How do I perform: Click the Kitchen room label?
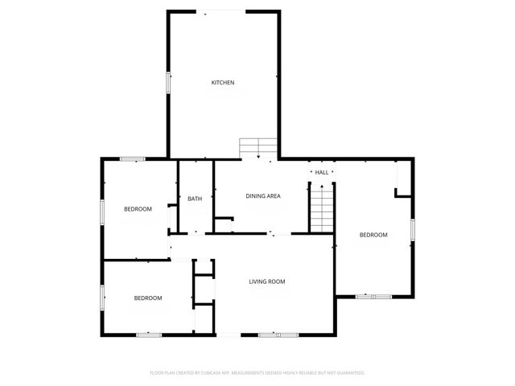pos(223,83)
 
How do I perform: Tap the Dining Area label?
pos(263,196)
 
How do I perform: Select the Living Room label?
pos(267,281)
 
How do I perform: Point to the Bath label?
pos(195,199)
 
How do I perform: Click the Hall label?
pos(322,173)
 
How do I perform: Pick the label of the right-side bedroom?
pos(373,235)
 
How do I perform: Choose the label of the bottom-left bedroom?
pos(147,298)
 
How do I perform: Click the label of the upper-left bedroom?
pos(138,209)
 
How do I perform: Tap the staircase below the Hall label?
pos(322,207)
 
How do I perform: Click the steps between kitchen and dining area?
pos(258,148)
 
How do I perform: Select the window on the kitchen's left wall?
pos(168,83)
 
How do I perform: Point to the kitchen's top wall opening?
pos(225,11)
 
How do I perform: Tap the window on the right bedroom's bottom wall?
pos(373,297)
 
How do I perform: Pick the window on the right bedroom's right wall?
pos(413,229)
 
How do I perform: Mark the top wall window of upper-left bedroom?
pos(132,159)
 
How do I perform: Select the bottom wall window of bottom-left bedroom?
pos(148,335)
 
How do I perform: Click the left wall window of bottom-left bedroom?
pos(102,298)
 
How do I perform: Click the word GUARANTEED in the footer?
pos(348,373)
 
